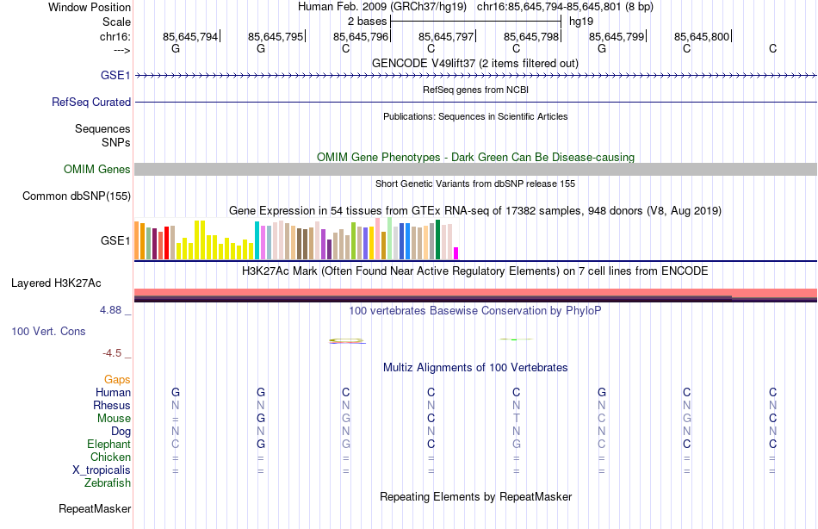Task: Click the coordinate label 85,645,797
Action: pos(446,36)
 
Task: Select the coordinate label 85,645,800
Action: pos(702,36)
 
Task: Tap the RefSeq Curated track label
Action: pos(91,102)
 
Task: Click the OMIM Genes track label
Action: pos(96,170)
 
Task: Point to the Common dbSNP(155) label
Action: pos(76,196)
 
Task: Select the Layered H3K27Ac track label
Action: pos(56,283)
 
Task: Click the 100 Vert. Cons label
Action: pos(48,331)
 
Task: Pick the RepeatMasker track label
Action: pos(94,509)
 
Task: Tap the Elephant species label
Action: pos(108,444)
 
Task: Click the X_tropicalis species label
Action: pos(102,470)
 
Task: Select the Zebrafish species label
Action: pos(108,482)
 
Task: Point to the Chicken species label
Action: pos(110,457)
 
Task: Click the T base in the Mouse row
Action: pos(517,418)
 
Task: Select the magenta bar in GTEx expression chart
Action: pos(455,252)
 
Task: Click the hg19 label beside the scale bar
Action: pos(581,21)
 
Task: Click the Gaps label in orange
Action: pos(117,379)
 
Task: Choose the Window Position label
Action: pos(90,7)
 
